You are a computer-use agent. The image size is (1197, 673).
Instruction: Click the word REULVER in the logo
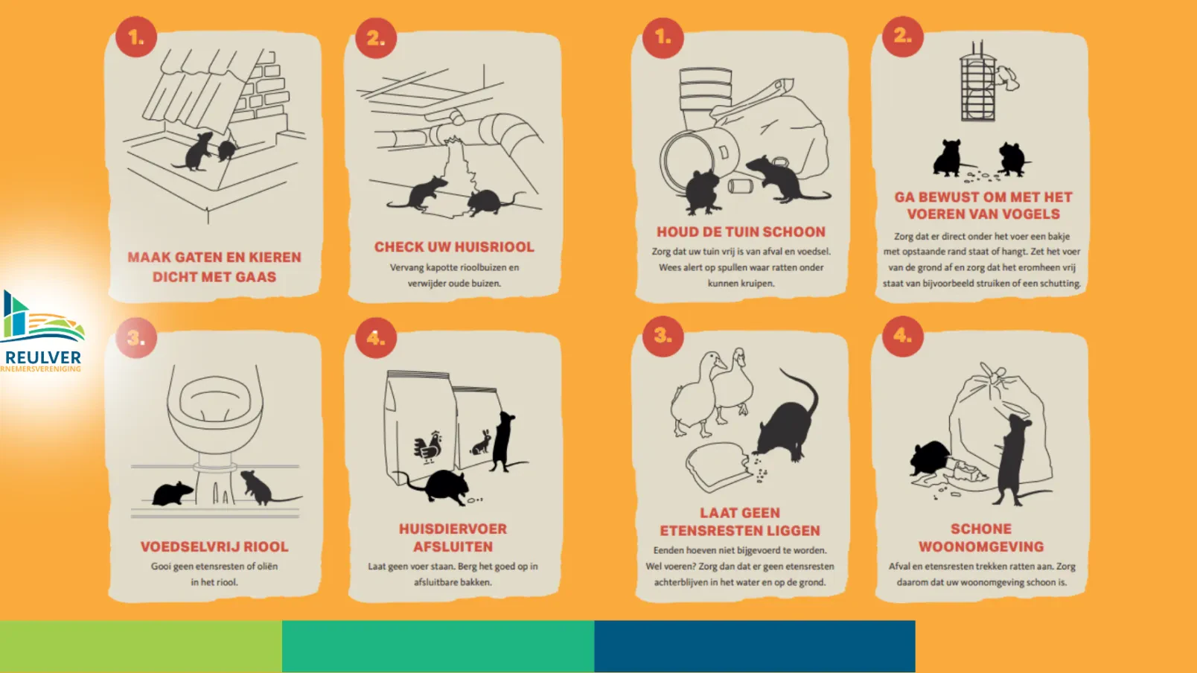(42, 357)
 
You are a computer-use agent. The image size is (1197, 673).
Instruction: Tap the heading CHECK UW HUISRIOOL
(454, 247)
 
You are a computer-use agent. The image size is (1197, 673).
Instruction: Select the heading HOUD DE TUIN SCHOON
(741, 232)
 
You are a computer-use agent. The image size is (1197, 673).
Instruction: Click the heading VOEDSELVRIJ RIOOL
(214, 547)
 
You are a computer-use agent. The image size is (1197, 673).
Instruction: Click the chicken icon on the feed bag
(427, 447)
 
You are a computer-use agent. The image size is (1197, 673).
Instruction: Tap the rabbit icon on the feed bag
(481, 443)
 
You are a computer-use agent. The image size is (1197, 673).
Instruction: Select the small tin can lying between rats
(741, 187)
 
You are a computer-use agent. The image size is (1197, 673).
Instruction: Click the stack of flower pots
(706, 96)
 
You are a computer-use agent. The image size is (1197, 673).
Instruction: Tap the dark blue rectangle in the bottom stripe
(755, 646)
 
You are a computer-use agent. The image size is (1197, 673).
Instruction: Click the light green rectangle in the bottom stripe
(141, 646)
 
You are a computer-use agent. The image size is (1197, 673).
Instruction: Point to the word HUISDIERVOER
(453, 529)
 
